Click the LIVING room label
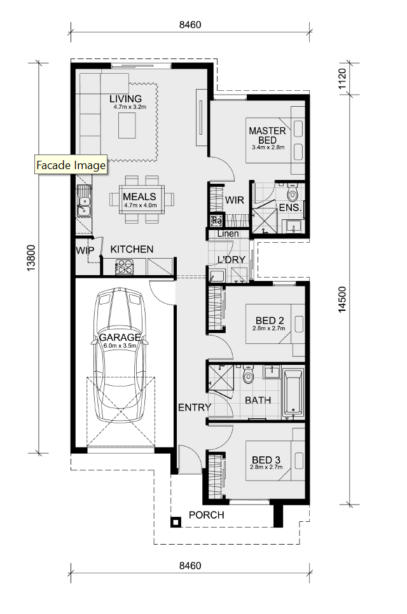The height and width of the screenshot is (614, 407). point(125,99)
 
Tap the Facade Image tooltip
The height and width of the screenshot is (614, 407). point(71,165)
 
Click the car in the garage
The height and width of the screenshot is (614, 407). point(119,355)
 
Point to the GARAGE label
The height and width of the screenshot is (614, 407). point(120,337)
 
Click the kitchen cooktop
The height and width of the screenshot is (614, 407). point(125,268)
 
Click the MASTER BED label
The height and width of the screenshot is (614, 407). point(268,135)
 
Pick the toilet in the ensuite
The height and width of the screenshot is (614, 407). point(293,192)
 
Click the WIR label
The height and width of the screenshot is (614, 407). point(234,200)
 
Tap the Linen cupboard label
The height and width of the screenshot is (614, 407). point(228,234)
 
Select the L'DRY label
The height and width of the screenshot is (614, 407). point(231,259)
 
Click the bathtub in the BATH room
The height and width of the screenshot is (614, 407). point(293,392)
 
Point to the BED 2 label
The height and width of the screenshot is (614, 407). point(270,321)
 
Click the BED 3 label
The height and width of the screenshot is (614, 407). point(266,460)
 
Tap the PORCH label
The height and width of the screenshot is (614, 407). point(207,515)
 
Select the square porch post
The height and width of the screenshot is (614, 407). point(176,522)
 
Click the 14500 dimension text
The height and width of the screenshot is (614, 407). point(342,299)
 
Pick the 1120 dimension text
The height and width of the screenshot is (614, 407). point(341,79)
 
